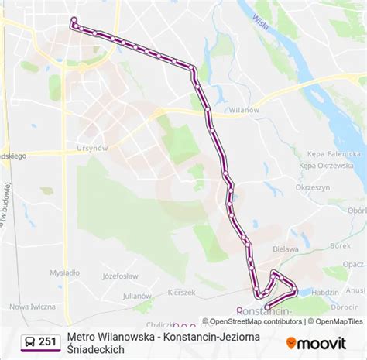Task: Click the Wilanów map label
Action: coord(243,110)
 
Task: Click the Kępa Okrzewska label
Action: coord(324,166)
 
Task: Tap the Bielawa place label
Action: coord(286,250)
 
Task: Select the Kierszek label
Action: coord(182,293)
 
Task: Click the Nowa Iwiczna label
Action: coord(33,307)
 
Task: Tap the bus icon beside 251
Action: coord(29,341)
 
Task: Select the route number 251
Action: coord(48,341)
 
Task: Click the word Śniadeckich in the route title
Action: coord(96,350)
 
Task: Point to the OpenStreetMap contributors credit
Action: coord(252,321)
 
